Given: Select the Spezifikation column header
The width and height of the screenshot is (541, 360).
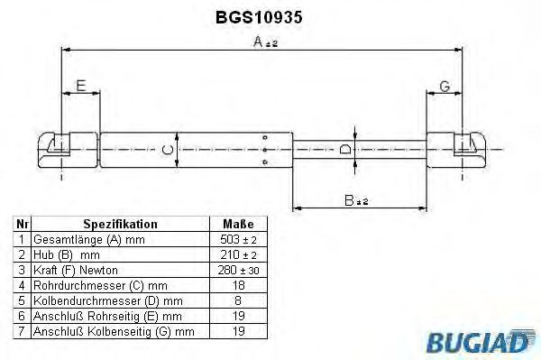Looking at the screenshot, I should (x=120, y=224).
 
